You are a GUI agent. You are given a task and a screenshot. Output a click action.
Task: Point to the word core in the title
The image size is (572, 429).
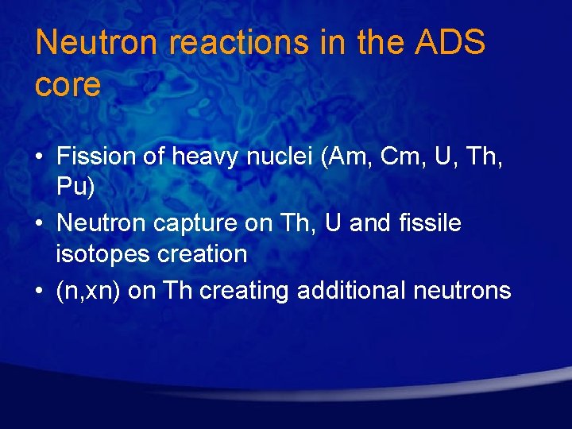click(68, 85)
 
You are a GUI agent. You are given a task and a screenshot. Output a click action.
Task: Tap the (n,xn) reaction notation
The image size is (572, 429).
click(89, 291)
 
